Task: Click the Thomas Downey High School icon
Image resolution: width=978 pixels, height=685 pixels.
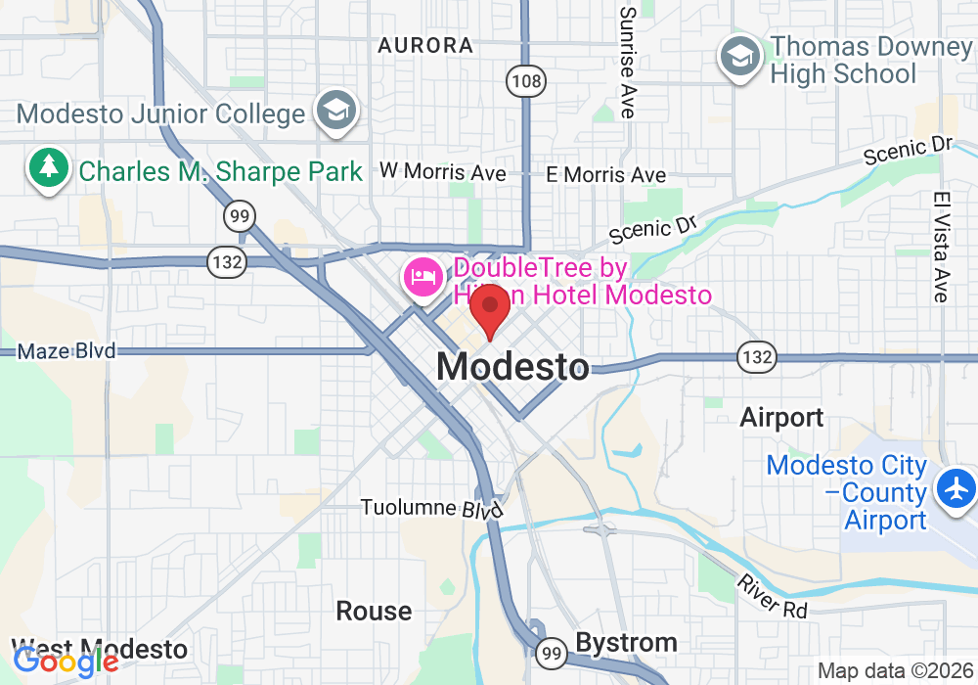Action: point(740,58)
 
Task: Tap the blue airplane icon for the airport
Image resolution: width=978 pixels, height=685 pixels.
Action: point(956,486)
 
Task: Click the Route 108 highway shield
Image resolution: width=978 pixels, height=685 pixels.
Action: point(526,81)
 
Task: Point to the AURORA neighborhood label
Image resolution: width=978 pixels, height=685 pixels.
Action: point(425,45)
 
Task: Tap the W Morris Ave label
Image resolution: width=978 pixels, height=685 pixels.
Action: point(443,172)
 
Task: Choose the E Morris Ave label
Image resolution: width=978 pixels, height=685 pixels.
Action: point(606,175)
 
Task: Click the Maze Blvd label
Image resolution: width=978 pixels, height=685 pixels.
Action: point(67,350)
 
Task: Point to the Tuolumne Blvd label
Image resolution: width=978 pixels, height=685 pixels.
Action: point(431,509)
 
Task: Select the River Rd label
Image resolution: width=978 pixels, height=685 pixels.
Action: point(773,594)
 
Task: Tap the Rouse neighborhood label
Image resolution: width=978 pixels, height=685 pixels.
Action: point(374,612)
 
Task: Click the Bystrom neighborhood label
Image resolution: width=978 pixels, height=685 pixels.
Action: point(626,643)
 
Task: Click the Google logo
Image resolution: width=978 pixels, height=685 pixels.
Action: point(67,662)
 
